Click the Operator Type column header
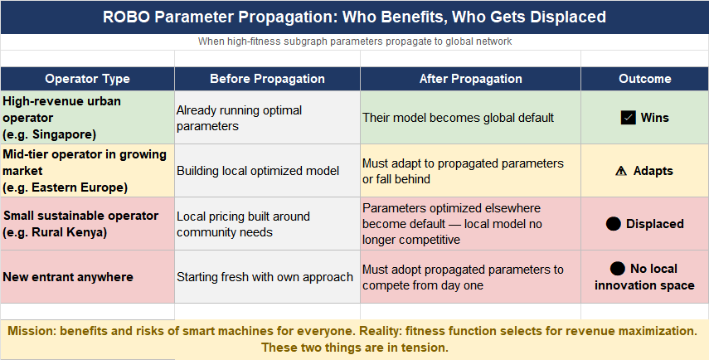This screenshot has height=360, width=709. pyautogui.click(x=87, y=79)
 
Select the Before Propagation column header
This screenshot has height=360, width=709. pyautogui.click(x=267, y=79)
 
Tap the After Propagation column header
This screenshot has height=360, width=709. pyautogui.click(x=470, y=79)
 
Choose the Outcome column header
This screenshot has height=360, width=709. pyautogui.click(x=645, y=79)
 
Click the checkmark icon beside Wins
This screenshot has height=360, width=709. pyautogui.click(x=628, y=118)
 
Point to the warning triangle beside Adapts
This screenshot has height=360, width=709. pyautogui.click(x=621, y=171)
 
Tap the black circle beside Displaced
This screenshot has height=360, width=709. pyautogui.click(x=613, y=224)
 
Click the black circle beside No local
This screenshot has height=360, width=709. pyautogui.click(x=617, y=269)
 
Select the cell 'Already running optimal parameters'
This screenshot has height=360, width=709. pyautogui.click(x=267, y=118)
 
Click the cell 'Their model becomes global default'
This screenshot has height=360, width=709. pyautogui.click(x=470, y=118)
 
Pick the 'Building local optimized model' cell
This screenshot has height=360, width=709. pyautogui.click(x=267, y=171)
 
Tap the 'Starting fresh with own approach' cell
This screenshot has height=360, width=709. pyautogui.click(x=267, y=277)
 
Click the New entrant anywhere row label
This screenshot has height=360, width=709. pyautogui.click(x=68, y=277)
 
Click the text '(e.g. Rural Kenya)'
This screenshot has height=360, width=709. pyautogui.click(x=56, y=232)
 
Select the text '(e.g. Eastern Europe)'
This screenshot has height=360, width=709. pyautogui.click(x=66, y=187)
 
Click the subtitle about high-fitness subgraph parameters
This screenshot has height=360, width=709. pyautogui.click(x=355, y=41)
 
